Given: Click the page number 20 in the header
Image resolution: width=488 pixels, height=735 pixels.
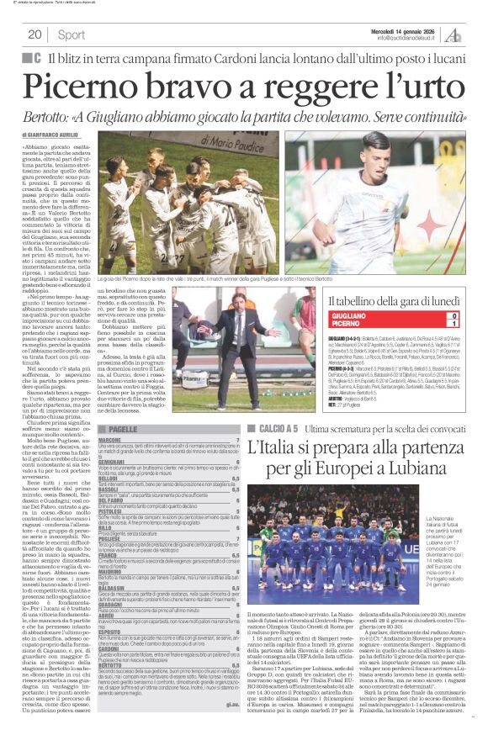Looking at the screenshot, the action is click(x=34, y=34).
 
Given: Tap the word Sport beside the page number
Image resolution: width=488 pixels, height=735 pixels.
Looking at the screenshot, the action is click(x=72, y=34).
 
